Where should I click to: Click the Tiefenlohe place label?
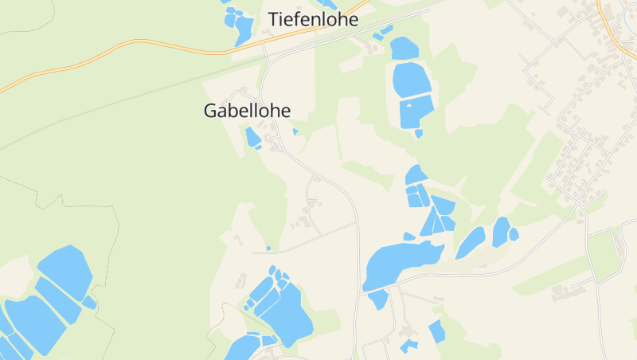tap(313, 19)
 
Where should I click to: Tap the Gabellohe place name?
tap(247, 111)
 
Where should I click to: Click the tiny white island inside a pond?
tap(410, 104)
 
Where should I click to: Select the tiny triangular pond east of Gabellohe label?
tap(295, 131)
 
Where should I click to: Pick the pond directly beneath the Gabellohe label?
tap(252, 137)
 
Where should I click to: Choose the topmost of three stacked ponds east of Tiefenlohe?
tap(404, 48)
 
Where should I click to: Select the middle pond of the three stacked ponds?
tap(411, 79)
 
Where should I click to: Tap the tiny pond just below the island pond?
tap(419, 134)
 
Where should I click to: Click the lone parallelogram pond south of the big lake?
tap(436, 330)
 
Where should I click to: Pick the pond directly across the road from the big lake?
tap(378, 299)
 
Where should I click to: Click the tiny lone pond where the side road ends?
tap(268, 248)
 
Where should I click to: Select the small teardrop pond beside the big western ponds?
tap(89, 303)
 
